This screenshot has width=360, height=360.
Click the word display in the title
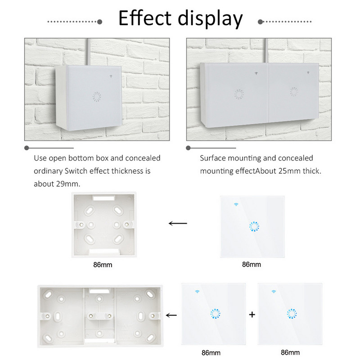pyautogui.click(x=210, y=19)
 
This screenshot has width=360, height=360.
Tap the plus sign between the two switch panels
pyautogui.click(x=252, y=315)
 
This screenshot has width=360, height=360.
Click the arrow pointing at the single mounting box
pyautogui.click(x=177, y=223)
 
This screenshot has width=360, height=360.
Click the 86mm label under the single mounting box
pyautogui.click(x=101, y=265)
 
